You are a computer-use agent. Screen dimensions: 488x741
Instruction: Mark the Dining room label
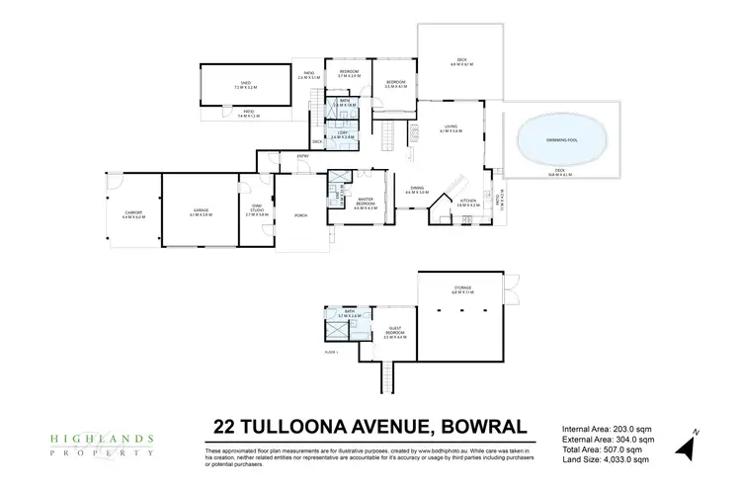click(x=418, y=192)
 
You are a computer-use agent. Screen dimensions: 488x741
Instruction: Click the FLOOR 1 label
click(x=331, y=352)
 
